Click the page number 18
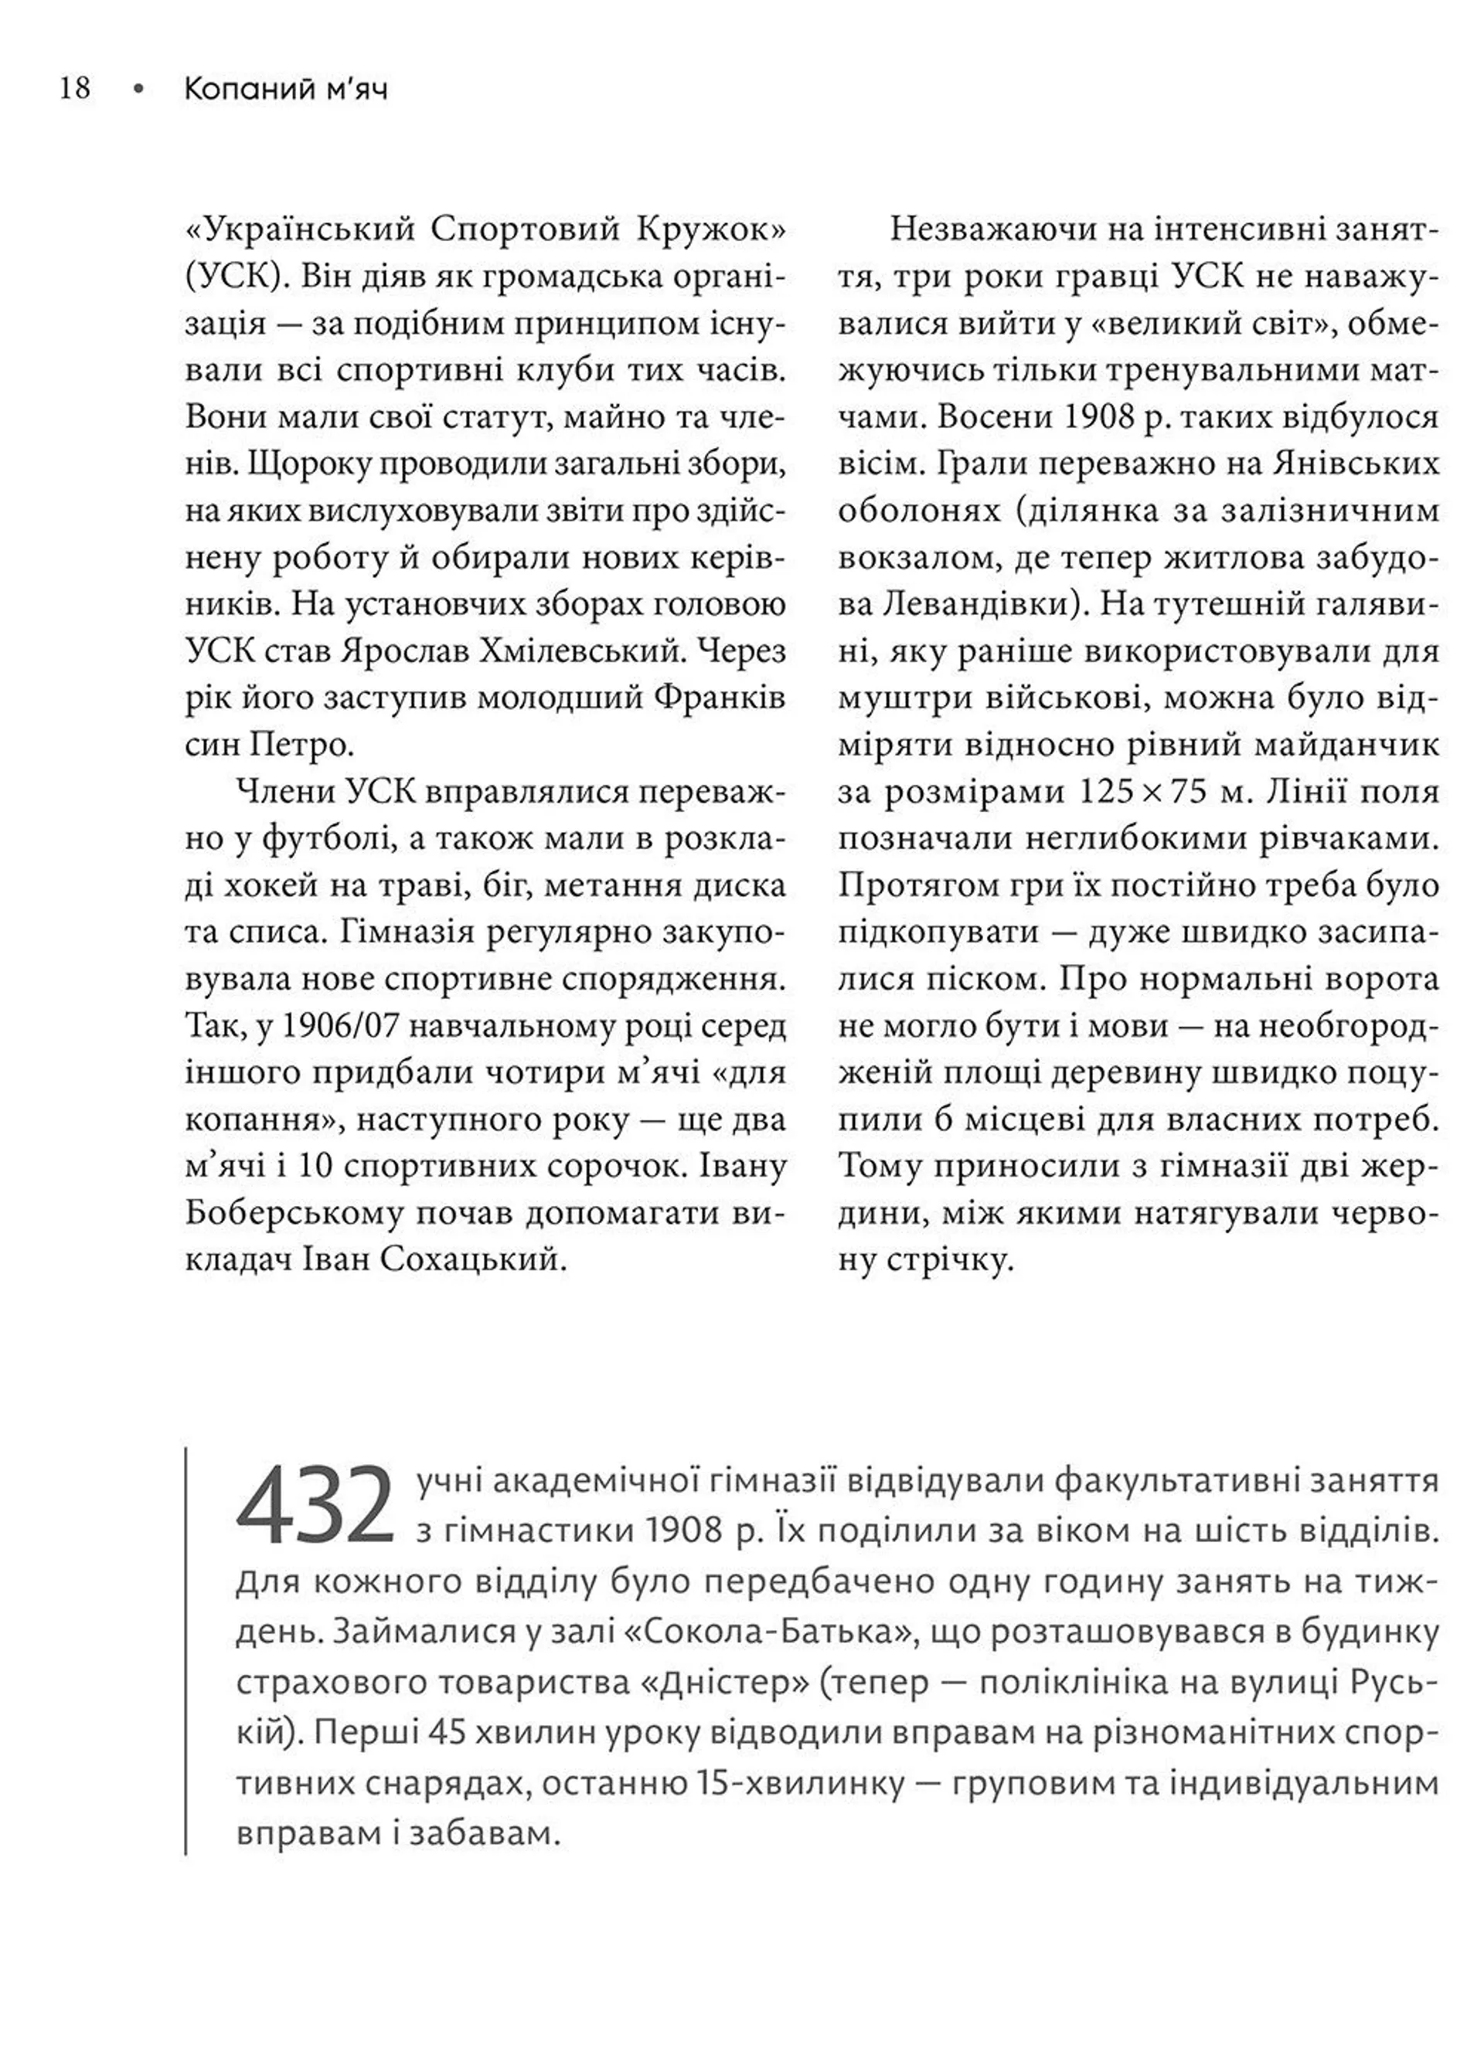click(74, 88)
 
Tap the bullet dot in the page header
click(138, 89)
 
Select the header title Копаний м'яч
click(284, 89)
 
